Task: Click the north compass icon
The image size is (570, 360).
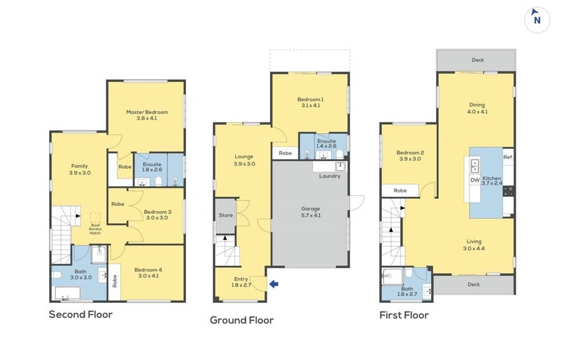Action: point(537,20)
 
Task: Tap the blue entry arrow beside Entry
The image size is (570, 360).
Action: point(274,284)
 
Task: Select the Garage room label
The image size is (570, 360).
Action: point(311,209)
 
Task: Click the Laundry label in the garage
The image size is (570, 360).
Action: point(330,176)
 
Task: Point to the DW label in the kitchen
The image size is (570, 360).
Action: point(475,180)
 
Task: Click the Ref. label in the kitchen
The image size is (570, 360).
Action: point(508,158)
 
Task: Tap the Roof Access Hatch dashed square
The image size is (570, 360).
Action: point(95,218)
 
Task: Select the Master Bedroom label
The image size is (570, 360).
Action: point(147,112)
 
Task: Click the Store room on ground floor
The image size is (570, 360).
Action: point(226,215)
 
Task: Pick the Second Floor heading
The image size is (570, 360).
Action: point(81,314)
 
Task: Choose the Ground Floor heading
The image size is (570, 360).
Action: point(242,320)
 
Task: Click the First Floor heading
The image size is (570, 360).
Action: point(404,315)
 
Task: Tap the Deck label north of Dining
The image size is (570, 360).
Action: point(477,60)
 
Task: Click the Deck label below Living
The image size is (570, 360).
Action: point(474,284)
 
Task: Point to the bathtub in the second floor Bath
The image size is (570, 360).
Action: point(68,294)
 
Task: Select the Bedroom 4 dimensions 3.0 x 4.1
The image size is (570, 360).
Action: point(148,276)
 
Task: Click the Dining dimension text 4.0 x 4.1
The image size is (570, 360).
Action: point(477,112)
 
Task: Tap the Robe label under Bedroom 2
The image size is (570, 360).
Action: point(400,190)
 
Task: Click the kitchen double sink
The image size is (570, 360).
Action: point(475,166)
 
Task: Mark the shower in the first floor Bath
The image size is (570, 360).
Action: point(393,277)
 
